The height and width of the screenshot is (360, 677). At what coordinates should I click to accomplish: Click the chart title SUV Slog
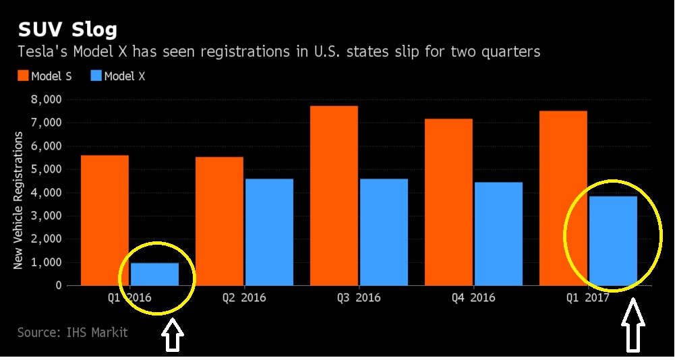67,30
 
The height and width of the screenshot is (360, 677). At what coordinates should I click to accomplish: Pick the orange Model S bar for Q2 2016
219,221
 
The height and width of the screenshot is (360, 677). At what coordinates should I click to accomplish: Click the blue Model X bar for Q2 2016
269,232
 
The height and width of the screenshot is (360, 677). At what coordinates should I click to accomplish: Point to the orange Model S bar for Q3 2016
334,196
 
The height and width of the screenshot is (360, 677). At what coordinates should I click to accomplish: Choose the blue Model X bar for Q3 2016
384,232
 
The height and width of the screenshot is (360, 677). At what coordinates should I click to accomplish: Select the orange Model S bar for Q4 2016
448,202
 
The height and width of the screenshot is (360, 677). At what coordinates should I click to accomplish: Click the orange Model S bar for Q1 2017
563,198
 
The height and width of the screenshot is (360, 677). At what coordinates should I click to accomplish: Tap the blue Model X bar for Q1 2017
613,241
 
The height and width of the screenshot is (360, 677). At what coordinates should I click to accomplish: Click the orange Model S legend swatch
23,76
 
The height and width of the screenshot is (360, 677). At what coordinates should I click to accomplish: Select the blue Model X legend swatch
95,76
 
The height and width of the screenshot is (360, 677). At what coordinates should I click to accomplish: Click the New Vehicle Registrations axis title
19,200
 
